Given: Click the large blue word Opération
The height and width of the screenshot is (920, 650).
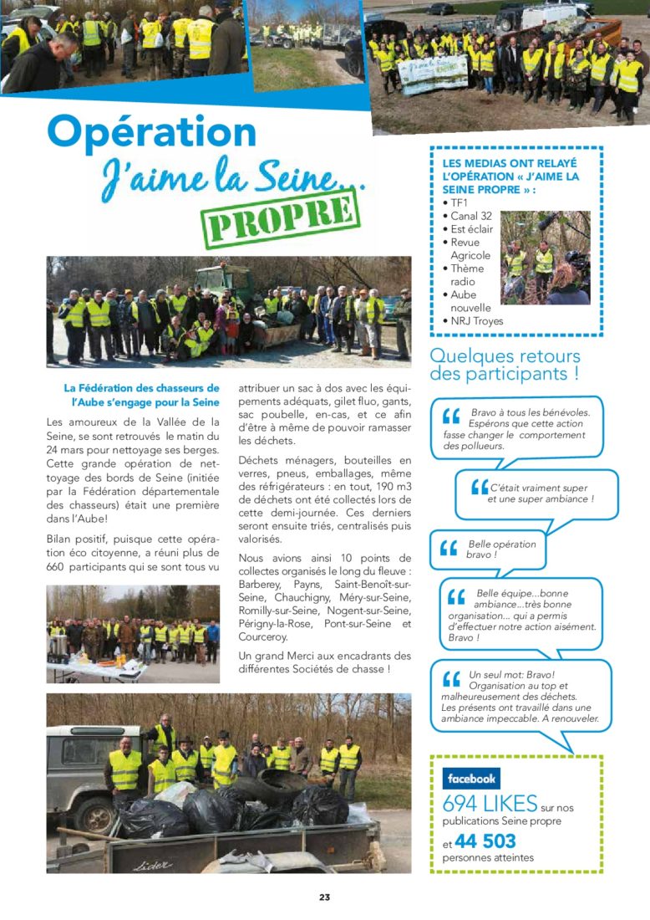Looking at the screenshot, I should click(x=152, y=131).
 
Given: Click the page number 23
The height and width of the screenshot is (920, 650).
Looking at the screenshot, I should click(x=324, y=897).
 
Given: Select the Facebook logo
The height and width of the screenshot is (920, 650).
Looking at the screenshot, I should click(x=471, y=779).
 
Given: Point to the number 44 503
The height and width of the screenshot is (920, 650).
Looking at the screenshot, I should click(x=485, y=841).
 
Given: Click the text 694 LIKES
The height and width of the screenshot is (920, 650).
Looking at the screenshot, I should click(x=490, y=805).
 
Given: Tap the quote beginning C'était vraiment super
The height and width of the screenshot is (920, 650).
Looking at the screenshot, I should click(x=538, y=493).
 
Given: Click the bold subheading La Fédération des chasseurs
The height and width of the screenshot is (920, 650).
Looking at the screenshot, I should click(x=141, y=395).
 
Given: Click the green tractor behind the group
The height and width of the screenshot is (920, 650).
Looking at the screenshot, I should click(x=223, y=281).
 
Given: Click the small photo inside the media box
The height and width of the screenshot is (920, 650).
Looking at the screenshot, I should click(x=545, y=258).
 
